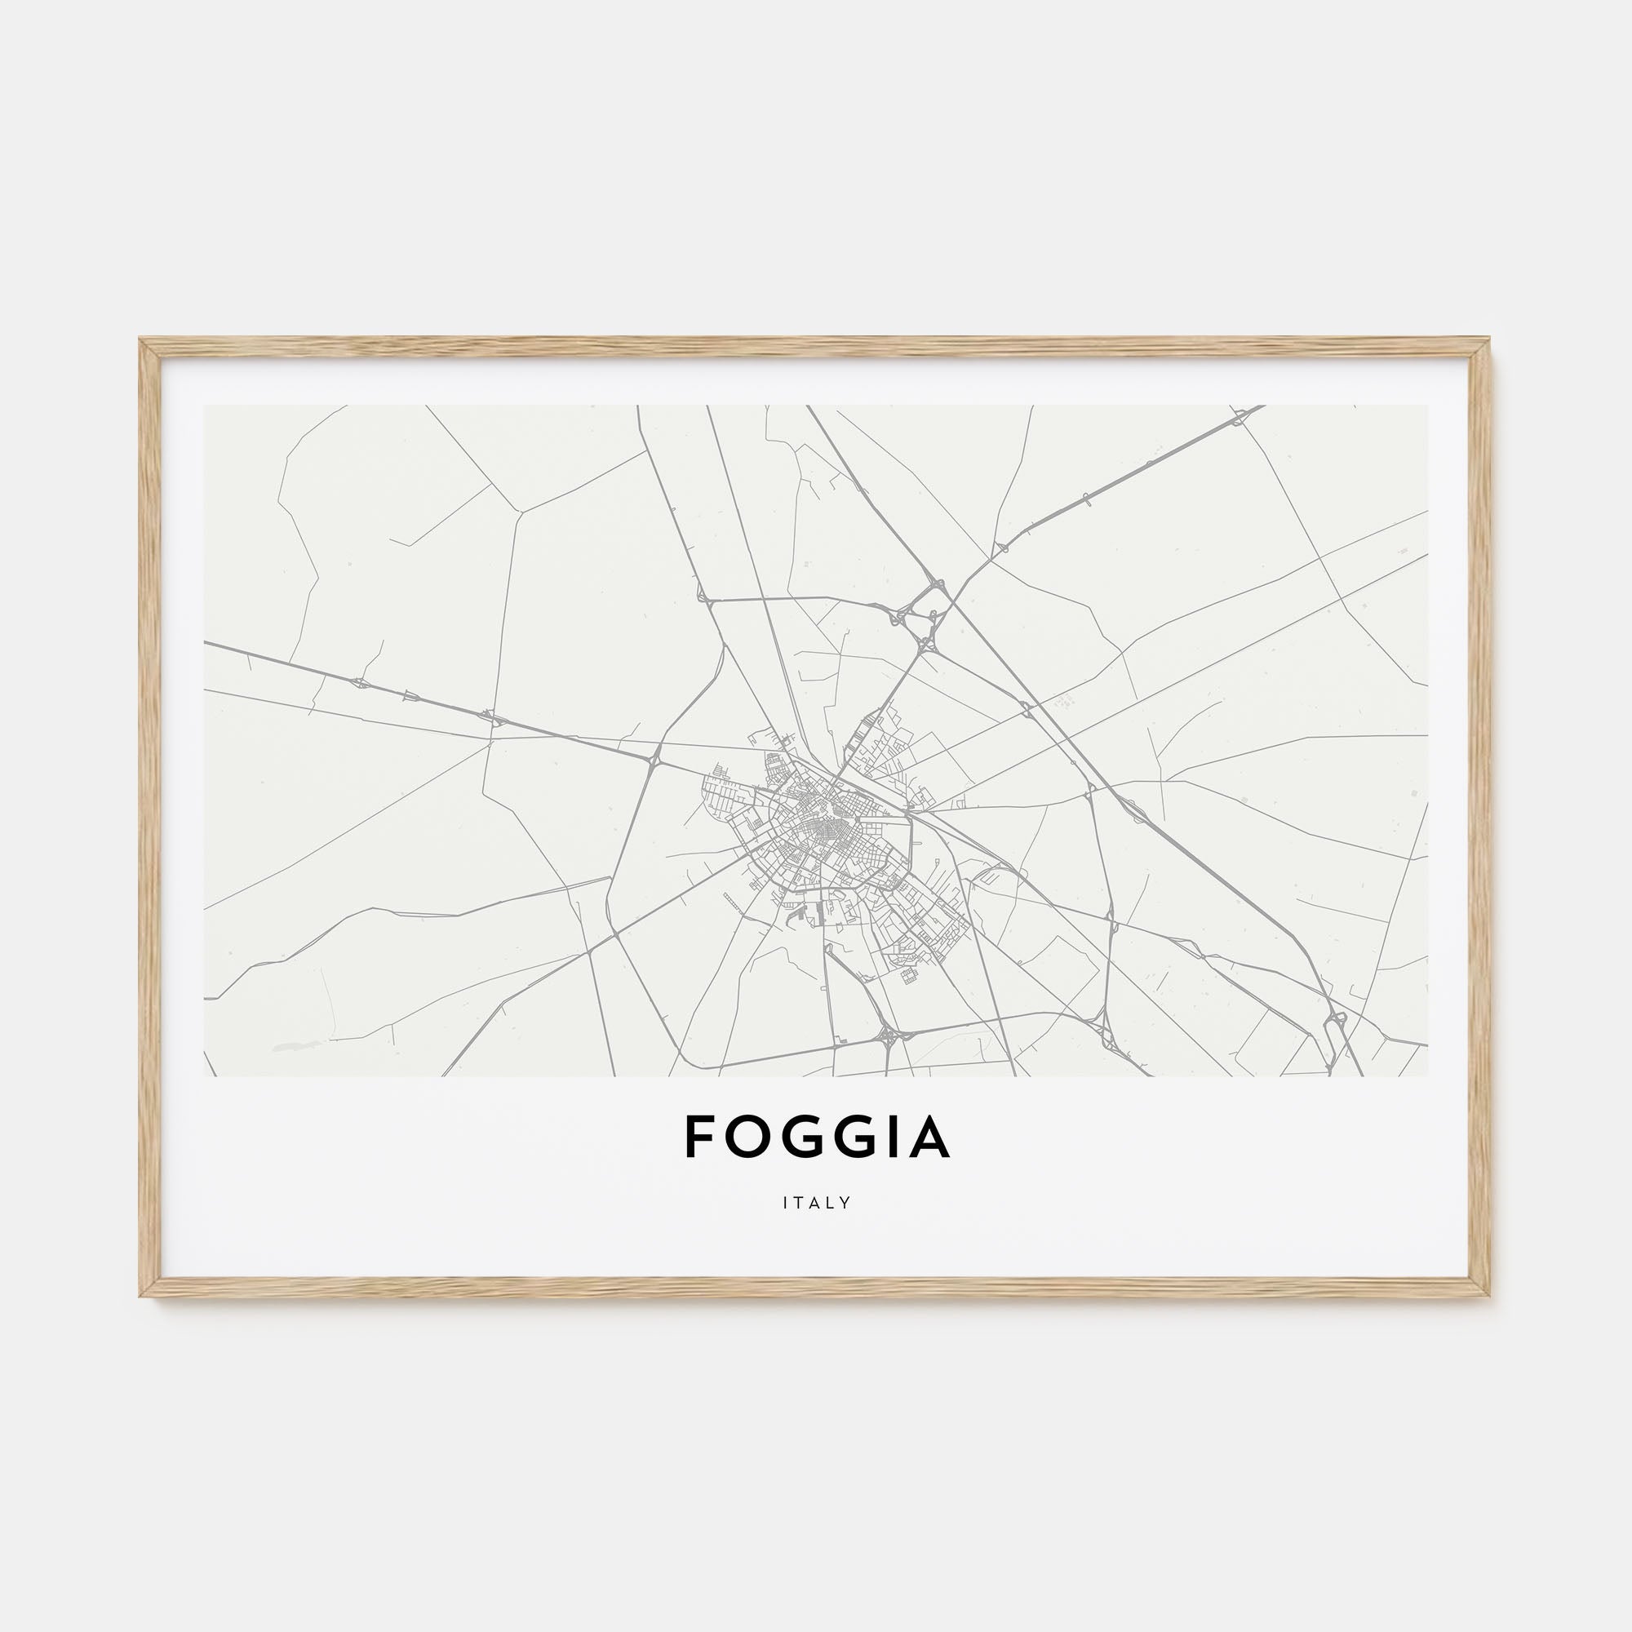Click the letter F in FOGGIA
[x=700, y=1136]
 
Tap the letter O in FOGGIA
[x=747, y=1136]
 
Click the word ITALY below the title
[x=816, y=1203]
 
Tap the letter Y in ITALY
[x=845, y=1203]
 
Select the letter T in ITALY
[x=798, y=1203]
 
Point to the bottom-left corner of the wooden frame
[x=142, y=1294]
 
